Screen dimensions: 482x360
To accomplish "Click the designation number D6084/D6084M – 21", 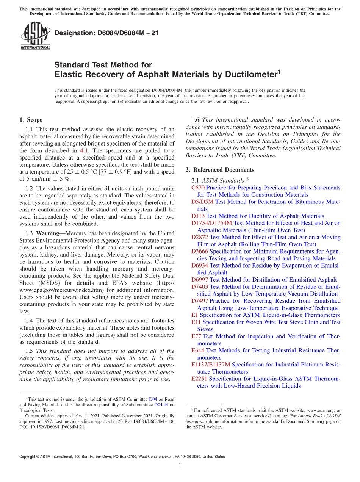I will (106, 33).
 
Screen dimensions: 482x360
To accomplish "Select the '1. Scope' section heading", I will (31, 120).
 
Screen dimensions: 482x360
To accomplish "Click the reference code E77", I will (196, 336).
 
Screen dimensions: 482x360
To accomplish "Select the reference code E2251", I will (199, 379).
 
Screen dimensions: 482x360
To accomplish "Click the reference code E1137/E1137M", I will (210, 365).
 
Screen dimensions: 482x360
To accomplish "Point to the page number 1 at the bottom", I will (180, 466).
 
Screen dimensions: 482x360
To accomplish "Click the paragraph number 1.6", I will (196, 120).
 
